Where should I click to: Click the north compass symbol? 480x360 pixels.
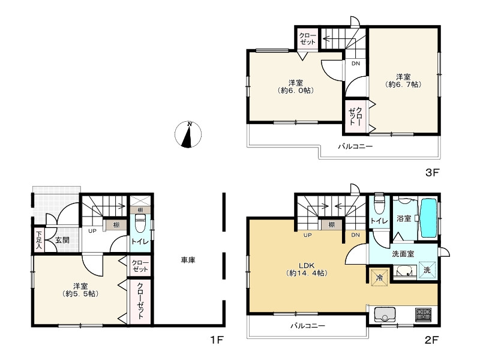[188, 134]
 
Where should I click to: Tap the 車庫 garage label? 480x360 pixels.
[188, 260]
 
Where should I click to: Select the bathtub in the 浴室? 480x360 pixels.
[429, 218]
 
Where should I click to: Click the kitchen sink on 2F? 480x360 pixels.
[385, 316]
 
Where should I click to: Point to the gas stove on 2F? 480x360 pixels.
[423, 315]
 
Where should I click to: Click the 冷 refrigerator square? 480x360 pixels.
[379, 277]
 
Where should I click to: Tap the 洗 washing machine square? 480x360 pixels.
[427, 270]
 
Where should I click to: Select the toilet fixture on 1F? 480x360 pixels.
[140, 224]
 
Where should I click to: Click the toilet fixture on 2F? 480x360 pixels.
[379, 203]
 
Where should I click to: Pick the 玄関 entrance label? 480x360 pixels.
[62, 241]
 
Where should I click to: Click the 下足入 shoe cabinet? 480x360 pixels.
[39, 240]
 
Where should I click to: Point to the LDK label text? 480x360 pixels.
[307, 266]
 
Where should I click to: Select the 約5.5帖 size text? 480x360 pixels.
[80, 294]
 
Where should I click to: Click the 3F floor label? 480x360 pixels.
[432, 173]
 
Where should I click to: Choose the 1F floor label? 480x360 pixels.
[217, 340]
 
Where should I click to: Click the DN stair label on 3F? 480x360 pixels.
[356, 64]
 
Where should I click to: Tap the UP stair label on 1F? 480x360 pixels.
[92, 231]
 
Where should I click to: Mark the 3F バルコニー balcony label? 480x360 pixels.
[355, 146]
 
